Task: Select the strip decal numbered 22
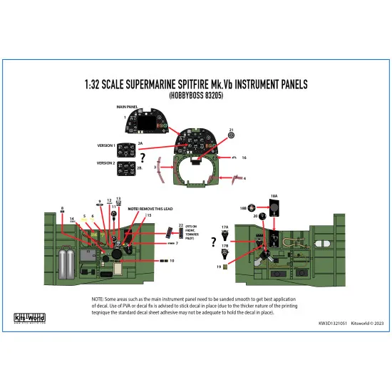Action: (170, 232)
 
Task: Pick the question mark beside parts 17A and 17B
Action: (214, 242)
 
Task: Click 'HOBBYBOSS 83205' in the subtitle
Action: (196, 95)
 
